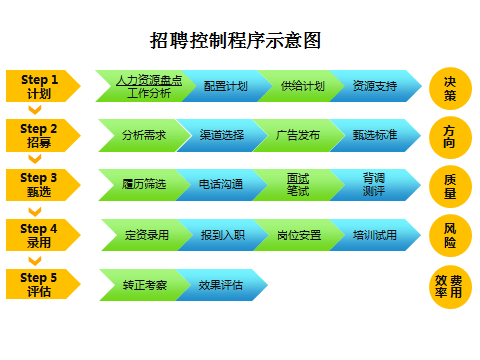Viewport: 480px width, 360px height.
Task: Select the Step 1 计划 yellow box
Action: [x=40, y=86]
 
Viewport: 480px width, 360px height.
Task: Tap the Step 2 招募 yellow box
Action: [x=40, y=135]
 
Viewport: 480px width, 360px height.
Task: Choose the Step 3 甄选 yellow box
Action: [x=40, y=184]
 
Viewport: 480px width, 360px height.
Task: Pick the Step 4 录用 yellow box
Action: [x=40, y=235]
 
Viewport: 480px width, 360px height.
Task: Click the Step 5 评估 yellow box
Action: [x=40, y=285]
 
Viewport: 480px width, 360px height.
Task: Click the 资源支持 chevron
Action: [x=372, y=86]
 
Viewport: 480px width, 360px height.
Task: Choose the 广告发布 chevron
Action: [x=298, y=135]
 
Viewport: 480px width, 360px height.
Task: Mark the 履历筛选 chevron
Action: [x=143, y=184]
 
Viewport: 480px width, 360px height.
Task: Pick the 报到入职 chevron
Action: [x=222, y=235]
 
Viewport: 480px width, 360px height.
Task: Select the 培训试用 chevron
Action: [x=374, y=235]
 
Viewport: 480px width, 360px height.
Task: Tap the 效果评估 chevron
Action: [x=221, y=285]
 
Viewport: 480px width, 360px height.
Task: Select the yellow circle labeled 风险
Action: [x=449, y=236]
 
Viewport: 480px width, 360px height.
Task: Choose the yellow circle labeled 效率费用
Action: [x=449, y=286]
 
